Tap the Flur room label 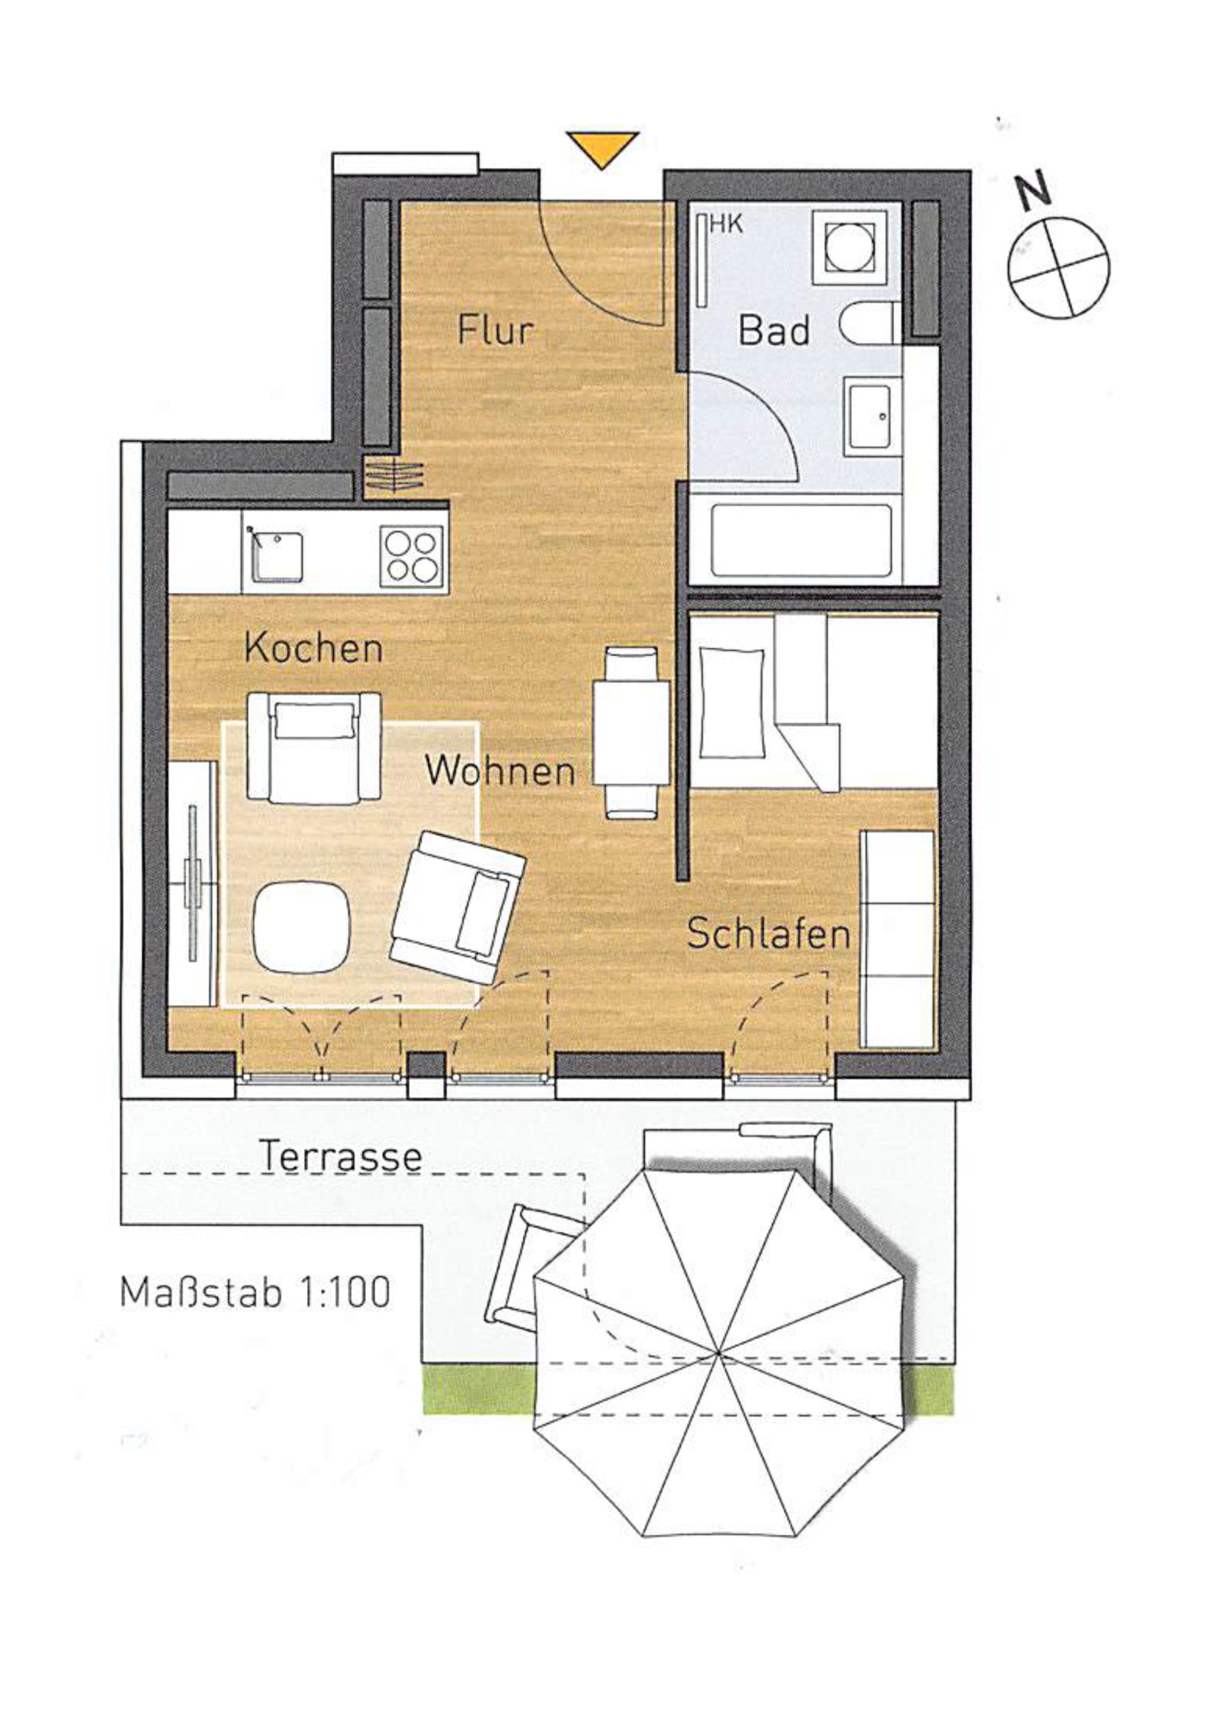pos(495,330)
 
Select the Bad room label pos(774,331)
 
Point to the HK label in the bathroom pos(726,224)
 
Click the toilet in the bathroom pos(870,324)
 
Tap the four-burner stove pos(413,554)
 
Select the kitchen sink pos(275,556)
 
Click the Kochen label pos(313,647)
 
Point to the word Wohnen pos(499,770)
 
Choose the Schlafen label pos(768,934)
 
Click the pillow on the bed pos(732,702)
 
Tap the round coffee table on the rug pos(301,928)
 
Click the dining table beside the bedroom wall pos(631,733)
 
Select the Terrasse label pos(340,1156)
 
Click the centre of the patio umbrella pos(719,1354)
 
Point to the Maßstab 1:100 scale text pos(255,1292)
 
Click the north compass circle pos(1058,264)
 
